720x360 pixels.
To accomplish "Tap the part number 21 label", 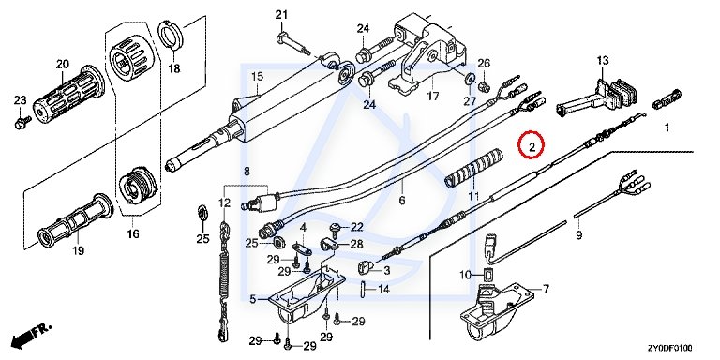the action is (x=281, y=15).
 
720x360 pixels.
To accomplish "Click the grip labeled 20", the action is (x=68, y=96).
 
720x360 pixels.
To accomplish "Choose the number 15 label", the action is (x=257, y=77).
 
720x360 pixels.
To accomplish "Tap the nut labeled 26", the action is (x=483, y=85).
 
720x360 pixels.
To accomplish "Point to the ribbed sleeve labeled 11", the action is (x=474, y=167).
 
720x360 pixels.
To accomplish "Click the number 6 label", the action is (x=402, y=201).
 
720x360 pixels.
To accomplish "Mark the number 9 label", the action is (x=579, y=235).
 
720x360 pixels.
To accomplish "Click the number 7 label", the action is (x=546, y=290).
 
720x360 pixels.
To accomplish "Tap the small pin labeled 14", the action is (x=364, y=290).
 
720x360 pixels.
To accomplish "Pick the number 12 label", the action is (x=225, y=202).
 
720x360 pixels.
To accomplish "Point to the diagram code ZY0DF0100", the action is (x=670, y=348).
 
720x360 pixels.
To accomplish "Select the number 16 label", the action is (x=133, y=234).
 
